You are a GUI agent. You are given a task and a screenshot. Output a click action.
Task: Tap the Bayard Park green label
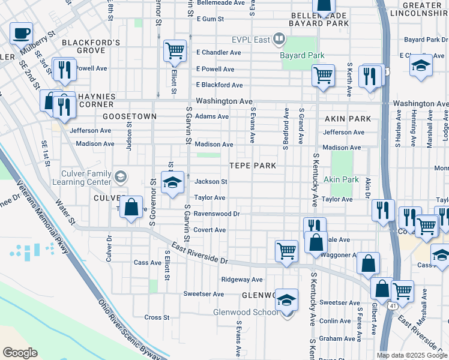[x=302, y=55]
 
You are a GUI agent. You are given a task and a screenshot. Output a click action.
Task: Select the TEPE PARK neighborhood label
[x=253, y=166]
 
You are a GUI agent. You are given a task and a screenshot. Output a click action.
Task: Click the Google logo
[x=20, y=353]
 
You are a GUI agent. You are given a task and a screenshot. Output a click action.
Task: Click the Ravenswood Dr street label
[x=216, y=213]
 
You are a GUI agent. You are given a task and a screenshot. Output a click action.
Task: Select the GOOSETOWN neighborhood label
[x=129, y=116]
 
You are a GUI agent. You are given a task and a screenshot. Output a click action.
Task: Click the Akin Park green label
[x=341, y=179]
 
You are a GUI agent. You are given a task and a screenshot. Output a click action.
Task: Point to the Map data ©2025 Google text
[x=412, y=355]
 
